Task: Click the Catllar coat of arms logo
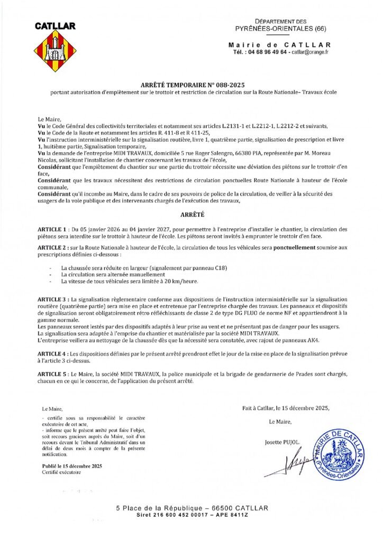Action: (55, 51)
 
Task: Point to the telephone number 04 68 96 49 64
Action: (268, 52)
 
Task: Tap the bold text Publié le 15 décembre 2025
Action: (72, 466)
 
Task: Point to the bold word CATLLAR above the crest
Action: (55, 25)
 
